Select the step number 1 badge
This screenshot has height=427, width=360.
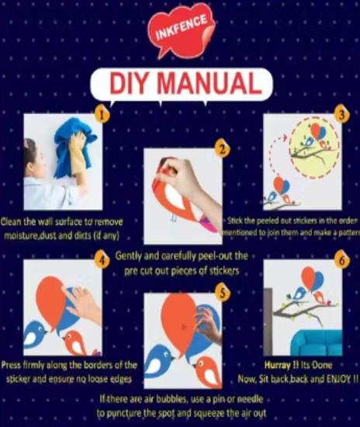coord(102,115)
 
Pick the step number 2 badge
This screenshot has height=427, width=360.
coord(223,150)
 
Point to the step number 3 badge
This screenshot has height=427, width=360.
coord(342,115)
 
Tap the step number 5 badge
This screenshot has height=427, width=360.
coord(223,293)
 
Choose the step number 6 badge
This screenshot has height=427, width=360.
coord(342,261)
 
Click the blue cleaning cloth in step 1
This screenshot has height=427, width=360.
coord(71,148)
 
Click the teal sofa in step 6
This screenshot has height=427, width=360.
coord(317,342)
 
